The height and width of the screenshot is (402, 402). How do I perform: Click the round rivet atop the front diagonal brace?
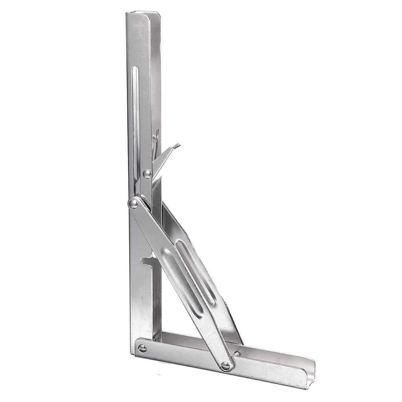[134, 203]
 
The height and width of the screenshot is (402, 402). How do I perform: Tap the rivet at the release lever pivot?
[147, 174]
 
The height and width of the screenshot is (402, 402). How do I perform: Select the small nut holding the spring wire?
[155, 137]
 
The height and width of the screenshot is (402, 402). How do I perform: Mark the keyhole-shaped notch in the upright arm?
[147, 259]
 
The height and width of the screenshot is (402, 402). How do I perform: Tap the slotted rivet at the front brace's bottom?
[225, 366]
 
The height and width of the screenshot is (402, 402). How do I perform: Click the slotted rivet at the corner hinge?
[142, 348]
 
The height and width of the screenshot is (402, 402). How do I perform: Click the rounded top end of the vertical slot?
[135, 68]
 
